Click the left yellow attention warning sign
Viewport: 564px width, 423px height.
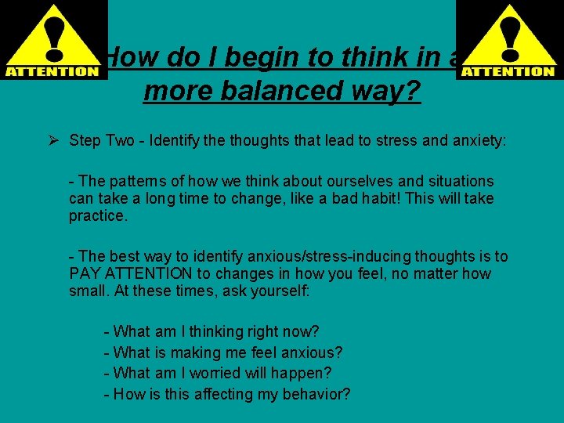click(53, 40)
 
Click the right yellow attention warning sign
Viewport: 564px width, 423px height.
click(508, 40)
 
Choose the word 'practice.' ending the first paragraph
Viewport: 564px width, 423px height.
click(98, 215)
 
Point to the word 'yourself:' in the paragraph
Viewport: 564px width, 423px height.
click(280, 291)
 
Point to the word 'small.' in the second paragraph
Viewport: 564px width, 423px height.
click(89, 291)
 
